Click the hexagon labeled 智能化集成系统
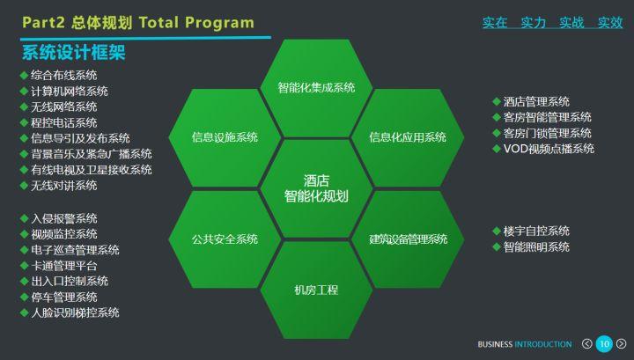click(x=316, y=87)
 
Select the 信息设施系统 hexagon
click(x=225, y=137)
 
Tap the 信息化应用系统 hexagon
click(x=408, y=137)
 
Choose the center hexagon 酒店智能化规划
click(x=316, y=187)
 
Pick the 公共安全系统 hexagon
click(x=225, y=239)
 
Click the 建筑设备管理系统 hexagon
click(x=408, y=239)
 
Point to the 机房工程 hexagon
click(x=316, y=290)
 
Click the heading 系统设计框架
click(x=73, y=52)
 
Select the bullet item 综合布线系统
click(x=63, y=76)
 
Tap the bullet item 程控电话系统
click(x=63, y=122)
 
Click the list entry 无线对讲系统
click(x=63, y=186)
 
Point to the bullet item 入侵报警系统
click(x=63, y=218)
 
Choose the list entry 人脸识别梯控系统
click(x=75, y=312)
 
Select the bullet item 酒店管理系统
click(x=536, y=101)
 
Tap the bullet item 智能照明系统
click(x=536, y=246)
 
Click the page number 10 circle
click(x=604, y=343)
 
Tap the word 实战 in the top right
click(x=571, y=22)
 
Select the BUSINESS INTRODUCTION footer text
click(x=525, y=343)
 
